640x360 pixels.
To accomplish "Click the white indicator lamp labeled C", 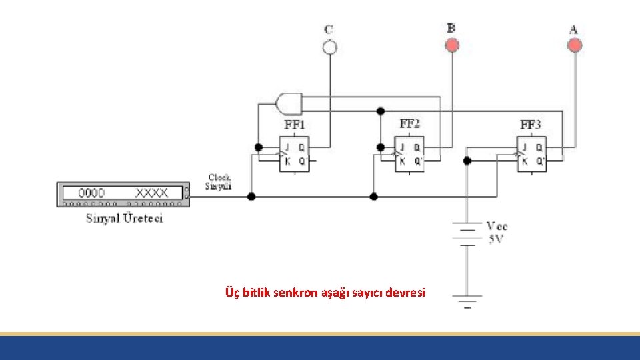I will pos(329,47).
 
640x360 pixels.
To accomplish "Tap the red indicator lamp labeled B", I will pos(452,45).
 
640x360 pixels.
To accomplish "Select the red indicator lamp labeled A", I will pos(574,45).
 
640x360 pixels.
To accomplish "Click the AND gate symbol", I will pos(288,103).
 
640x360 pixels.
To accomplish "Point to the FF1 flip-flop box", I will pos(293,154).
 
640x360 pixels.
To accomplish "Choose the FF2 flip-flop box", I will pos(409,154).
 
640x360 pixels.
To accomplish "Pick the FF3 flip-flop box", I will pos(531,154).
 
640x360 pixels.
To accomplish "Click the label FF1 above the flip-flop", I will pos(295,125).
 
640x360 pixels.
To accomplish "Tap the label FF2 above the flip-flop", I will pos(409,124).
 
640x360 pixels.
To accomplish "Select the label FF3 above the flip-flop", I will pos(531,125).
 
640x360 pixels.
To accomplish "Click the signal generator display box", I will pos(123,194).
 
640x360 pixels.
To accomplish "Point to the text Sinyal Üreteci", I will pos(124,218).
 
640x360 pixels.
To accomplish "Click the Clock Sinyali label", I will pos(219,182).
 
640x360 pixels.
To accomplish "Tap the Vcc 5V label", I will pos(497,233).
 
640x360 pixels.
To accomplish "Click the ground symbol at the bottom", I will pos(467,299).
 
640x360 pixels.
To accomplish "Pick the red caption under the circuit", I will pos(325,292).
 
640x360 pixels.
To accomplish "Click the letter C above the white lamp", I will pos(329,29).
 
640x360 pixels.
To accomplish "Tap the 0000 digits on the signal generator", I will pos(91,193).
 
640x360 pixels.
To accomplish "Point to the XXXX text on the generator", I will pos(153,193).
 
